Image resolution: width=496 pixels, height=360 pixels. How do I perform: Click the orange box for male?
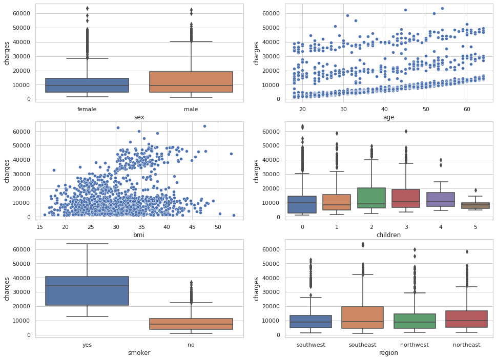(x=191, y=82)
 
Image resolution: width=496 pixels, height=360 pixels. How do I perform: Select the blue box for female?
(x=87, y=85)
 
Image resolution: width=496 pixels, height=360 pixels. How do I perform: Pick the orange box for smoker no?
(x=191, y=324)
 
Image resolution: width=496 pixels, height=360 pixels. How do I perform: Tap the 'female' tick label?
(x=87, y=109)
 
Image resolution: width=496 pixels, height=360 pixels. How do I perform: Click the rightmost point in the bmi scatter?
(x=234, y=215)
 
